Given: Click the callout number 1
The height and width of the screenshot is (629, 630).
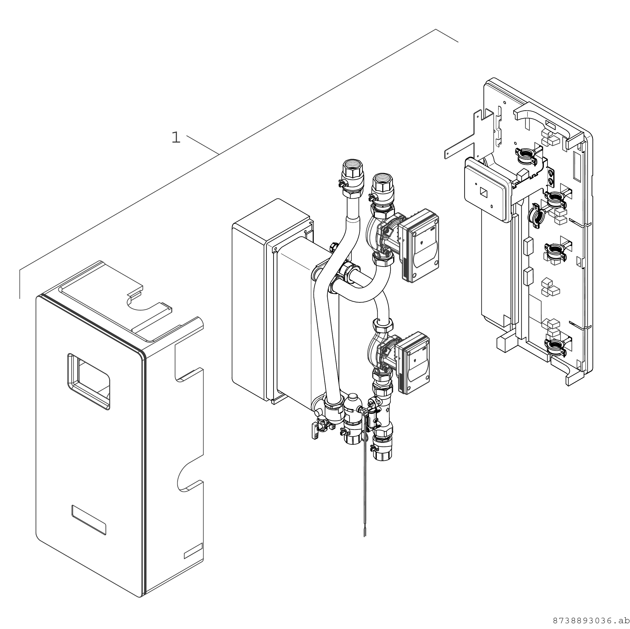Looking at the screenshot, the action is pos(176,137).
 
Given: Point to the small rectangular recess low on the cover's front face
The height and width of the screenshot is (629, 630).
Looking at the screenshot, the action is pos(89,520).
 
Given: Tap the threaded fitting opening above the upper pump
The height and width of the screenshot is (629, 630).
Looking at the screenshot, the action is pos(383,179).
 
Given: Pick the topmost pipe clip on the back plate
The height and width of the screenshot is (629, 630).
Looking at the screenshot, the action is pos(526,155).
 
